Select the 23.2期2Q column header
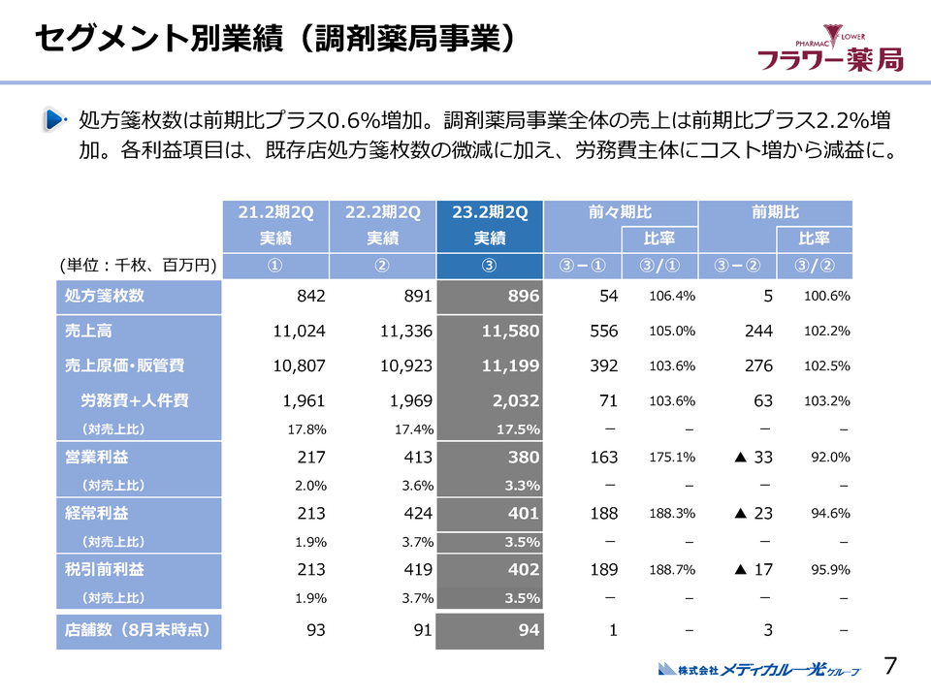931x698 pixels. (490, 213)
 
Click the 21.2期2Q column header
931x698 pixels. (275, 213)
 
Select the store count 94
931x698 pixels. (528, 631)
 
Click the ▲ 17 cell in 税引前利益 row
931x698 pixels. (753, 570)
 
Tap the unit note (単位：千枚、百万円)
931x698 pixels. (138, 267)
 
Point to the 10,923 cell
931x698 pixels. (402, 365)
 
